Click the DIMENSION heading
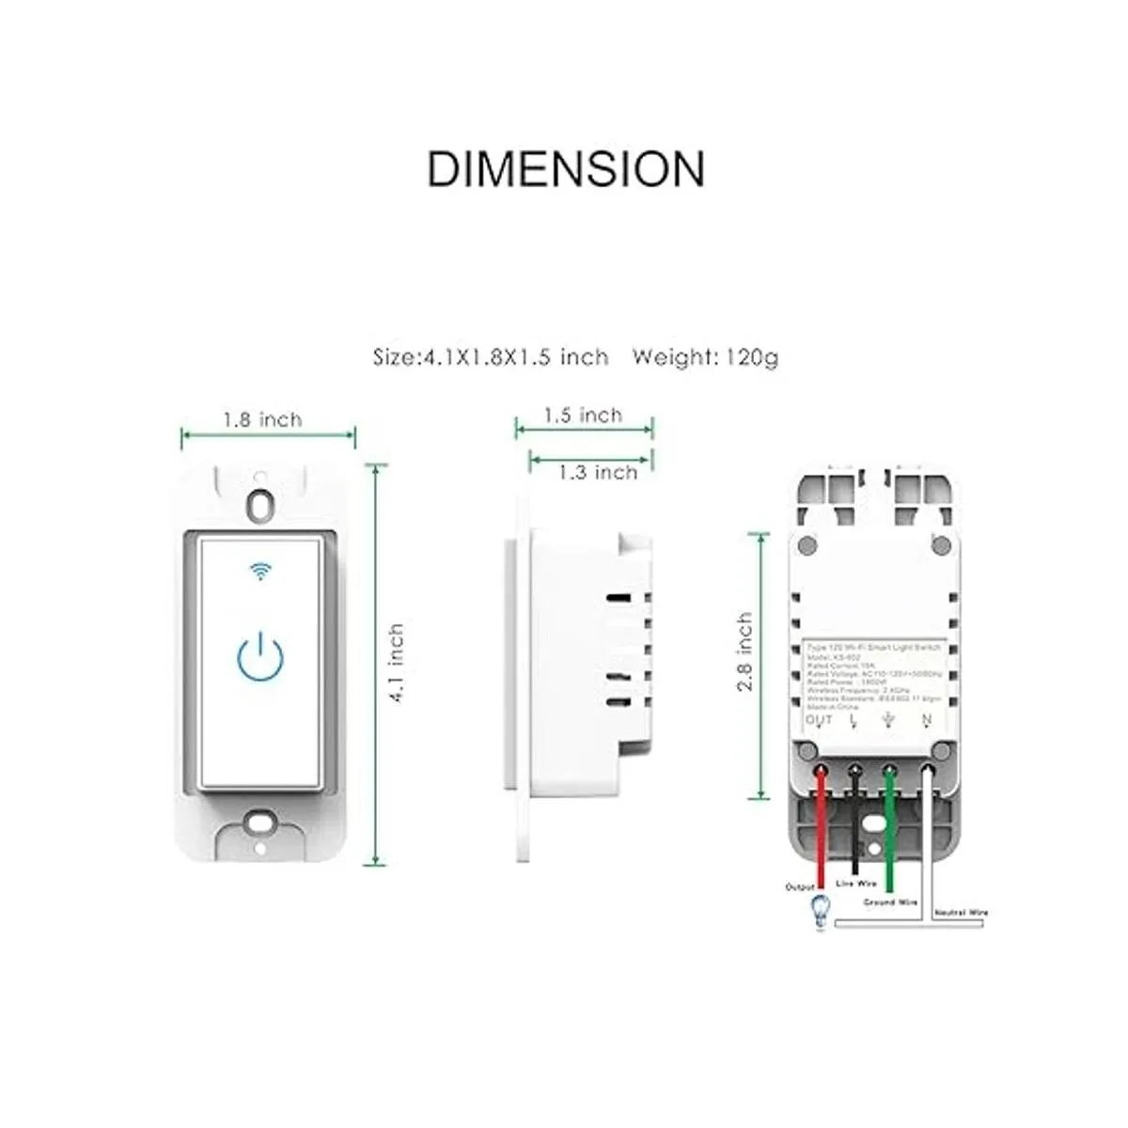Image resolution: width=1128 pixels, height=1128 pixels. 565,169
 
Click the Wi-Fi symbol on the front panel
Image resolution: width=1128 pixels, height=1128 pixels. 260,571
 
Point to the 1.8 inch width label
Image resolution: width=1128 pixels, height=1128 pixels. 262,418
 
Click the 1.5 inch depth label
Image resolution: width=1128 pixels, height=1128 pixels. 583,415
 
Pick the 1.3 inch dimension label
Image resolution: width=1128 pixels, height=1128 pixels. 598,472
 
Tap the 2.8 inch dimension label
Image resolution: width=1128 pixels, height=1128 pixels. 744,652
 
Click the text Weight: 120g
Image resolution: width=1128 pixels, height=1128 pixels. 705,357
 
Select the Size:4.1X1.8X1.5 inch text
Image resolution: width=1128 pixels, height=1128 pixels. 491,357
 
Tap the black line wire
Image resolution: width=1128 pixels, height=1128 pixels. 855,818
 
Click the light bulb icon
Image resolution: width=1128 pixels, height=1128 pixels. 819,911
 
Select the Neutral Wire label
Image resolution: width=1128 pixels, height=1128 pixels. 961,913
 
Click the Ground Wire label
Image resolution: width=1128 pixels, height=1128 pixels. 890,901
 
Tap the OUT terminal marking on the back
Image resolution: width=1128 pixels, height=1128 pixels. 819,721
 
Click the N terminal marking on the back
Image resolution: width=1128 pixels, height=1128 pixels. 927,721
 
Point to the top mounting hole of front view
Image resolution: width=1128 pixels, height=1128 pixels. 260,503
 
